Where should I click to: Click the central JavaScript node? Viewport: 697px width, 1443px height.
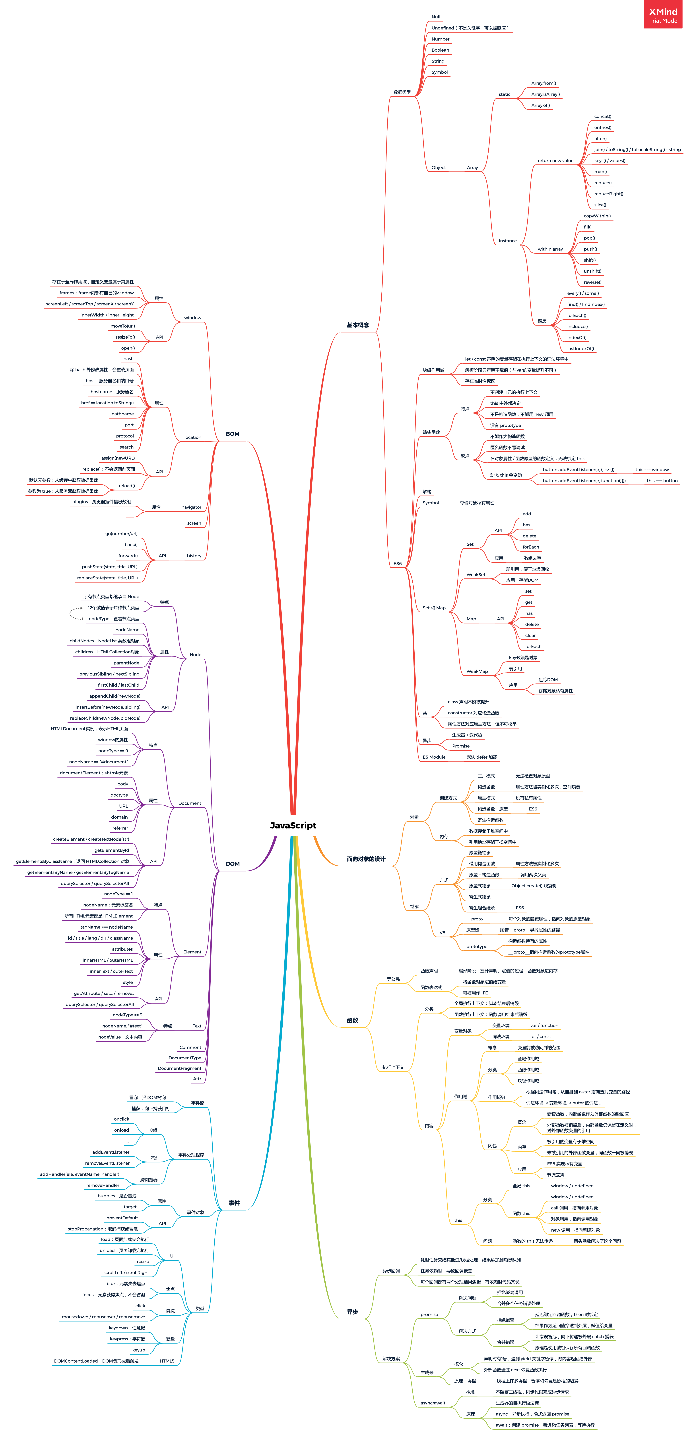[x=293, y=825]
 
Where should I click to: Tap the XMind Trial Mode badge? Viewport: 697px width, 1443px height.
[x=663, y=15]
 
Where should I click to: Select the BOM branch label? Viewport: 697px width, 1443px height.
[x=233, y=433]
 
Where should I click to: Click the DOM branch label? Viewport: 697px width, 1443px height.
[x=233, y=864]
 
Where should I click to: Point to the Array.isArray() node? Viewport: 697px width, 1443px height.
[x=545, y=94]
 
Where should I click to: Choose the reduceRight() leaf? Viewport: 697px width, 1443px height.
[x=609, y=194]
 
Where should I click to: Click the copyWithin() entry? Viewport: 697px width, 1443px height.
[x=597, y=216]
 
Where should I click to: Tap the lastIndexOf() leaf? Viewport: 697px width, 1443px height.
[x=581, y=348]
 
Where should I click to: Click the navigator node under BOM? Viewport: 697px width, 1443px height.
[x=191, y=507]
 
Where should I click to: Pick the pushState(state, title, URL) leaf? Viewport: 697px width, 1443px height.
[x=110, y=567]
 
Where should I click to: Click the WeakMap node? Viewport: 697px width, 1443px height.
[x=477, y=671]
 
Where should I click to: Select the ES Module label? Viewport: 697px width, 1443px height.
[x=434, y=757]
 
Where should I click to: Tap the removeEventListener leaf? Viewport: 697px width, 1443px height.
[x=107, y=1163]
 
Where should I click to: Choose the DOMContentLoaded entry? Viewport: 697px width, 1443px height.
[x=96, y=1361]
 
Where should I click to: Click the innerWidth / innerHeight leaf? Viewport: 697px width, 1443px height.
[x=107, y=315]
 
